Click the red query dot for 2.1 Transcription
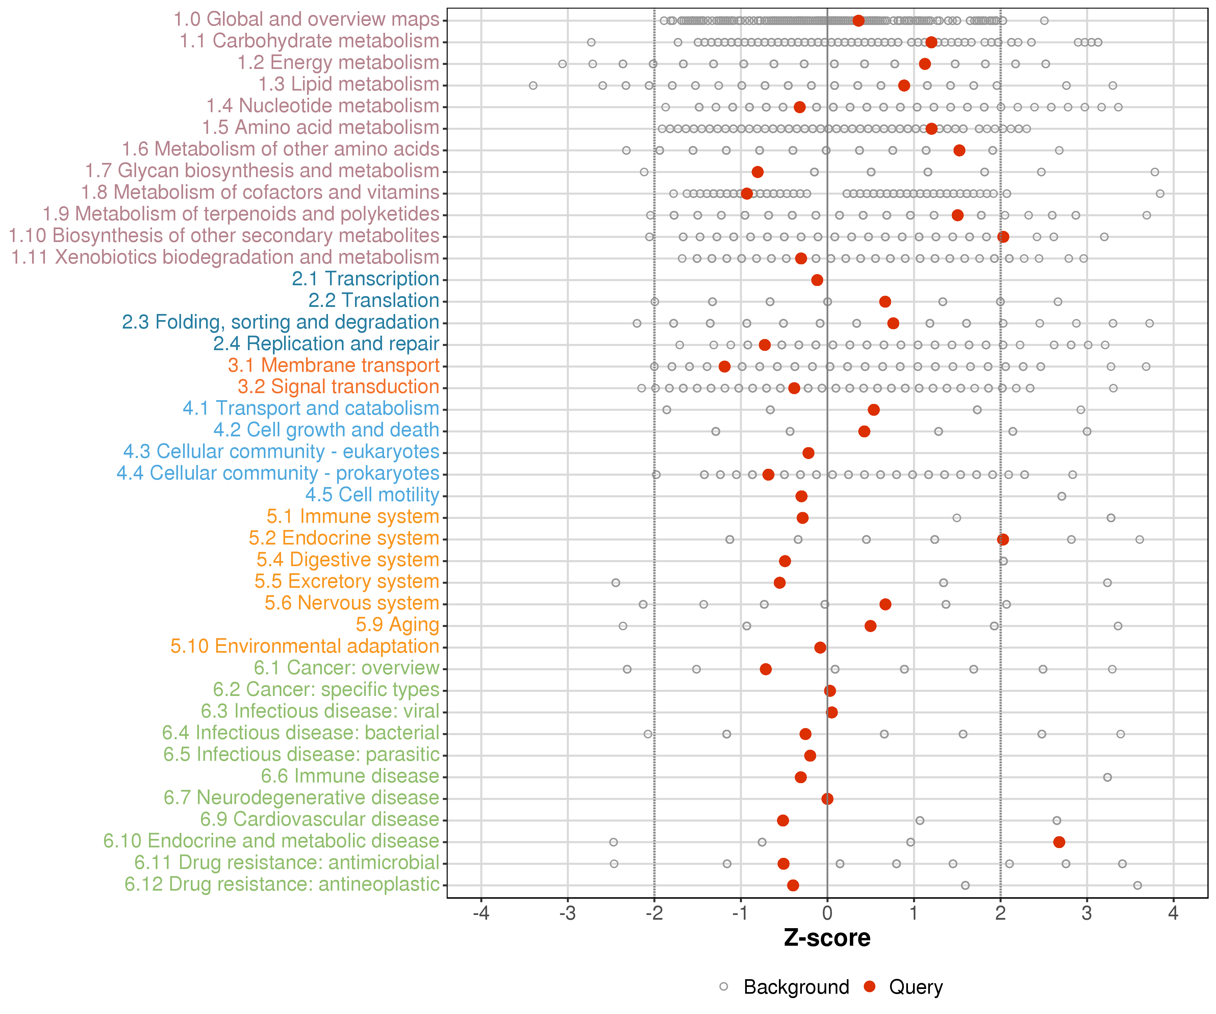click(817, 281)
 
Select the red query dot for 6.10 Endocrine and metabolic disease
click(1059, 842)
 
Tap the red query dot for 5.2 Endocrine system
click(1003, 539)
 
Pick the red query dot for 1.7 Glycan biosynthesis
click(757, 172)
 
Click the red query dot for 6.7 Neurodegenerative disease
click(828, 799)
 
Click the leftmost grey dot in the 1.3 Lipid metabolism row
click(533, 86)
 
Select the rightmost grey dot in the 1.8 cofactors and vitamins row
click(1160, 194)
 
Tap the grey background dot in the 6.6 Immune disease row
click(1107, 777)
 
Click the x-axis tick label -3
click(567, 914)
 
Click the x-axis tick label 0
click(828, 914)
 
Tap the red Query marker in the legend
click(869, 986)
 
